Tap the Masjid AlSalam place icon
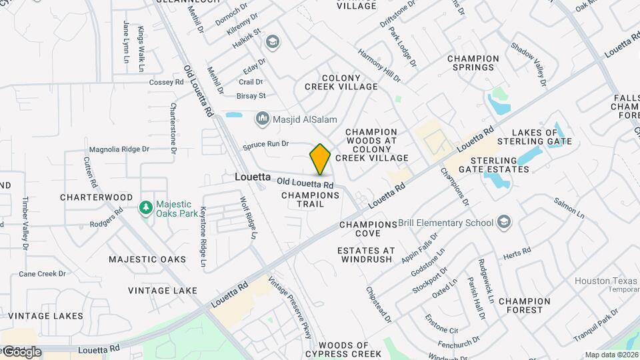point(263,120)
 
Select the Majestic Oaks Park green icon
point(145,209)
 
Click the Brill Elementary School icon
point(505,223)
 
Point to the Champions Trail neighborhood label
point(311,199)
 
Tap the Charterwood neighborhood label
point(97,197)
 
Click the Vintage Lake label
point(163,291)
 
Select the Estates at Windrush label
point(366,255)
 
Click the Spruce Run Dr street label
point(265,143)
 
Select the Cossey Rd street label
point(166,82)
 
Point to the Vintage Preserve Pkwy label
point(289,308)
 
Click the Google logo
point(21,351)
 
